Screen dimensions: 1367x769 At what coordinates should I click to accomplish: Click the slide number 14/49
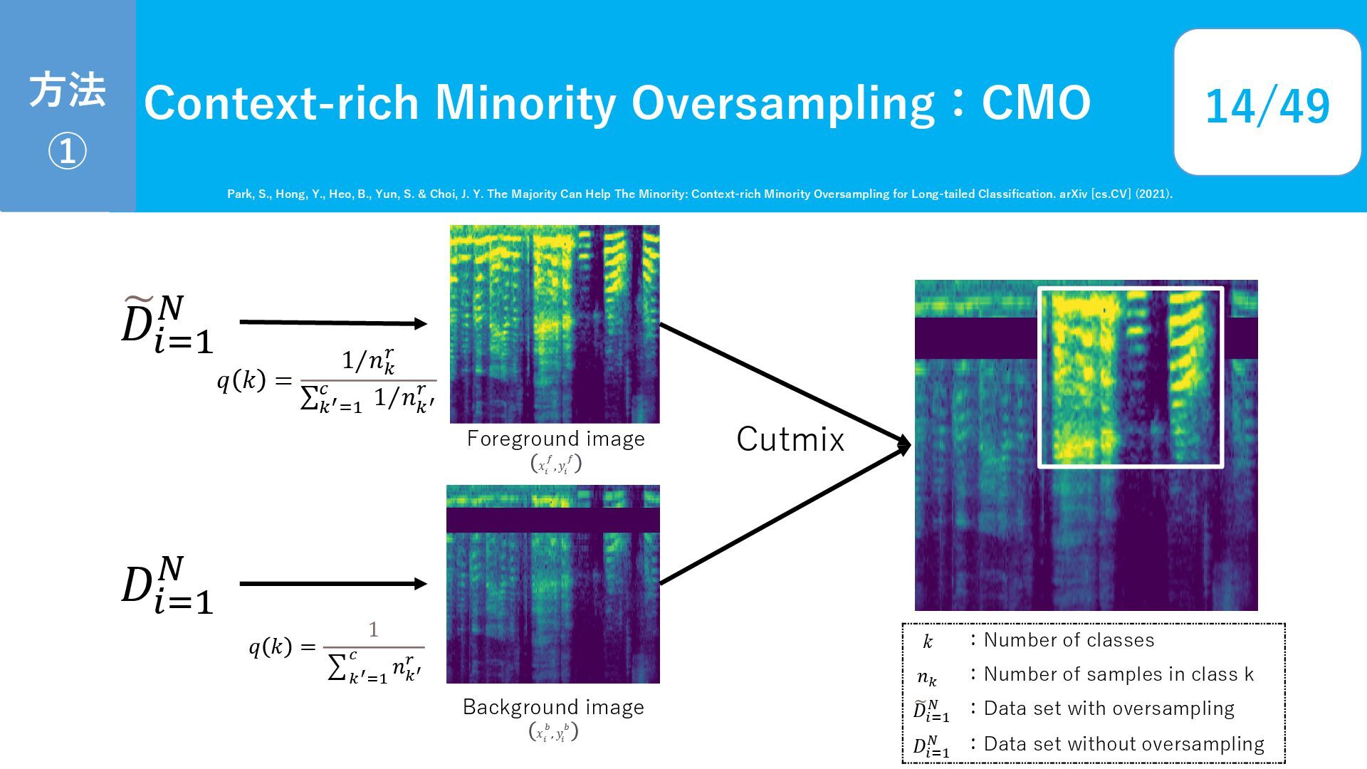(x=1267, y=106)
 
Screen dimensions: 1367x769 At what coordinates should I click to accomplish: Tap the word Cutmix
(x=790, y=439)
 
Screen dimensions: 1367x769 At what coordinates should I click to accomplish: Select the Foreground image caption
(x=556, y=439)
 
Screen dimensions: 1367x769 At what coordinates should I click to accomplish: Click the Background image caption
(x=553, y=707)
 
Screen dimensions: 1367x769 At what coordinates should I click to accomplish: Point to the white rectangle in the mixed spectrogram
(x=1039, y=377)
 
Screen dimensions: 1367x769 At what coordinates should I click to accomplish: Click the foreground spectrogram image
(x=555, y=324)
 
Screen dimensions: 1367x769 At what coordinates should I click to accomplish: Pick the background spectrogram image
(x=553, y=585)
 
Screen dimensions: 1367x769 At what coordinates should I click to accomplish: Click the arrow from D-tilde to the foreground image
(x=333, y=323)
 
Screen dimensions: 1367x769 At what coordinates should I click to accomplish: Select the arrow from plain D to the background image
(x=333, y=584)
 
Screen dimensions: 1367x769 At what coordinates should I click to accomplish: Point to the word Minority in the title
(x=525, y=103)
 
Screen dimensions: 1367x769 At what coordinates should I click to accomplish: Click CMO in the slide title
(x=1036, y=103)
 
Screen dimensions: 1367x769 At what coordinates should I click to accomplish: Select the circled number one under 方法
(x=67, y=151)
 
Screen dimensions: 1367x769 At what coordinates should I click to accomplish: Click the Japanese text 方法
(x=67, y=90)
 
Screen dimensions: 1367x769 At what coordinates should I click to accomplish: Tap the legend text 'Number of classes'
(x=1069, y=640)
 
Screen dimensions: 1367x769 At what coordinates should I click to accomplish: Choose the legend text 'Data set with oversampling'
(x=1109, y=708)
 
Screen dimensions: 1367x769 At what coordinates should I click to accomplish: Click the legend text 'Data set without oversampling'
(x=1124, y=744)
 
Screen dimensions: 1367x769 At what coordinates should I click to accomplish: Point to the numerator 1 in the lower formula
(x=373, y=629)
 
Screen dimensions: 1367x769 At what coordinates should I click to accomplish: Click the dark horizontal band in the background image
(x=553, y=520)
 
